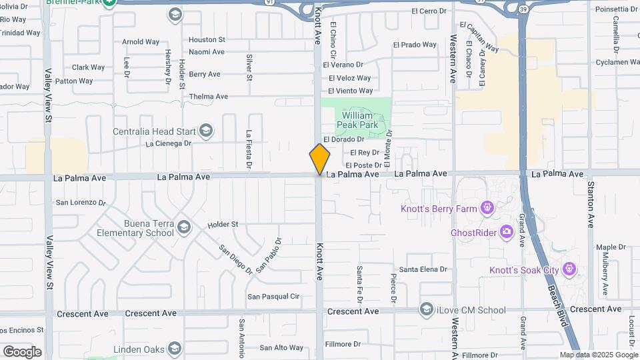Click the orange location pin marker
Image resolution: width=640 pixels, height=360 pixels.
(x=319, y=159)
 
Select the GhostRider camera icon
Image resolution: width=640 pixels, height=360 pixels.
(x=506, y=232)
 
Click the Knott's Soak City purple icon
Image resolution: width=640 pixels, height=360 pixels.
(x=569, y=269)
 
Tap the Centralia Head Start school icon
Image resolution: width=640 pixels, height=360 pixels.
(x=206, y=131)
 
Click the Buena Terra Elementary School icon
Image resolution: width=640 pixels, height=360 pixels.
(x=184, y=229)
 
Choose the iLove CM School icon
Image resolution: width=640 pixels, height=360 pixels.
(x=426, y=309)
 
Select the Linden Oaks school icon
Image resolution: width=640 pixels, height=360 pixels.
(x=175, y=349)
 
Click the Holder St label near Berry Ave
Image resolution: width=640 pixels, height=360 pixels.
(x=181, y=73)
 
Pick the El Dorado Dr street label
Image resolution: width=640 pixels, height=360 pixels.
(x=343, y=139)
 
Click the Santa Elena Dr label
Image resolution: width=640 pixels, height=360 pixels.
(x=423, y=269)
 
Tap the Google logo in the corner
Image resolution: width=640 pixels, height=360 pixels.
(x=22, y=351)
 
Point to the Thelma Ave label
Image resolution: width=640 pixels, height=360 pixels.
(x=208, y=96)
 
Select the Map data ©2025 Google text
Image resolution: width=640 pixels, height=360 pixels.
(x=598, y=355)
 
